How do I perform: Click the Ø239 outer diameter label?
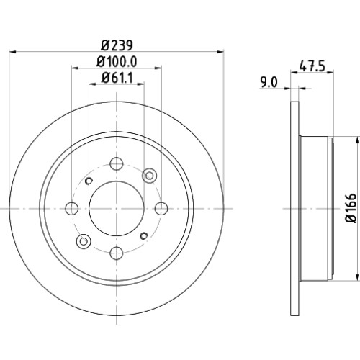pyautogui.click(x=117, y=45)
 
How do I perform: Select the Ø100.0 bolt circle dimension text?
pyautogui.click(x=117, y=62)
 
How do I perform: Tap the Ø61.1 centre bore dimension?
pyautogui.click(x=117, y=78)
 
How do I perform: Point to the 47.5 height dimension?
pyautogui.click(x=312, y=66)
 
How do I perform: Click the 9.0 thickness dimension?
pyautogui.click(x=269, y=82)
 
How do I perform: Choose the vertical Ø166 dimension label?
pyautogui.click(x=351, y=208)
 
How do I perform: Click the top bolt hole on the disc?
pyautogui.click(x=117, y=163)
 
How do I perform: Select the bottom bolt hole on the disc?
pyautogui.click(x=117, y=253)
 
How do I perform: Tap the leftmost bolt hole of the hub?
pyautogui.click(x=72, y=208)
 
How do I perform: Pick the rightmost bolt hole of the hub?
pyautogui.click(x=161, y=208)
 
